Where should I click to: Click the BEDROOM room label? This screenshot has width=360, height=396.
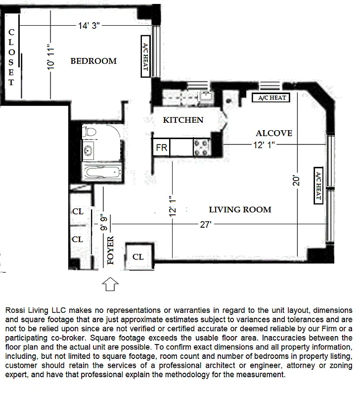(93, 61)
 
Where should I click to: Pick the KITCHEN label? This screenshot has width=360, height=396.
(183, 120)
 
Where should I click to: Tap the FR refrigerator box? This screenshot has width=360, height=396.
(161, 148)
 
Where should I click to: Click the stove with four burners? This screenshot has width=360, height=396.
(202, 147)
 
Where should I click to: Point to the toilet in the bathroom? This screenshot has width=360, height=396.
(90, 132)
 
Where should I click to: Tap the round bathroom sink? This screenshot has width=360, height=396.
(90, 151)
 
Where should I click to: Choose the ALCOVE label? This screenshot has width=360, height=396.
(273, 133)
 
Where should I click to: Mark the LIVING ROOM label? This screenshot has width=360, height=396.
(240, 209)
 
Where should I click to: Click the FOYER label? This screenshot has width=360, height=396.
(110, 251)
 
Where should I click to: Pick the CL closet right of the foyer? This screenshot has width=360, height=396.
(138, 257)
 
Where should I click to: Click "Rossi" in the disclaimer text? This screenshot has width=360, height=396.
(17, 309)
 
